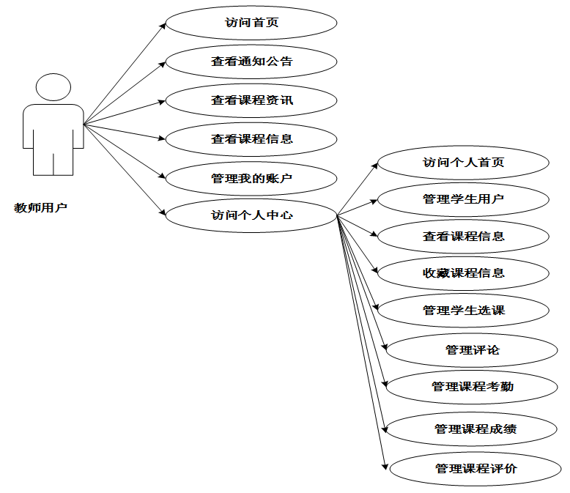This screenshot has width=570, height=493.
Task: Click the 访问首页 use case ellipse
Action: (251, 23)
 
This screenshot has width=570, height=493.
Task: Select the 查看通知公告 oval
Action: (251, 62)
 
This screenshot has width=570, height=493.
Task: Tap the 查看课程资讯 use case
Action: (251, 100)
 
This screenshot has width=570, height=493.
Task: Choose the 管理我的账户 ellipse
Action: (251, 177)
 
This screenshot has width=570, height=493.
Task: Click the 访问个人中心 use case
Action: (251, 215)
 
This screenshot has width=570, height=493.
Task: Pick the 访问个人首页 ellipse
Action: (463, 163)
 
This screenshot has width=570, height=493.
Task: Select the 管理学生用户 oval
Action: (463, 199)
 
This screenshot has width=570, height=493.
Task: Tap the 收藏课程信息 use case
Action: (463, 273)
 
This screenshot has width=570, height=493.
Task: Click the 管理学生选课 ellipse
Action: (463, 311)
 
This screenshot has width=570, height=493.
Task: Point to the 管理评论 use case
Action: (472, 350)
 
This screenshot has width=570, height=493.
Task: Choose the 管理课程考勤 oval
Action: (472, 386)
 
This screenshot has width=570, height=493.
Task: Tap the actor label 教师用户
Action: (41, 207)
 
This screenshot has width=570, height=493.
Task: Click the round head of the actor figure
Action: (53, 87)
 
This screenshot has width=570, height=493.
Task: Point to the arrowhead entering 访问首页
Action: (163, 25)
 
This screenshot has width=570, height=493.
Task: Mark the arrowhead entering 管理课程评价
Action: (385, 464)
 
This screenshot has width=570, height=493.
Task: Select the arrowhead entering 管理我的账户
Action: (163, 177)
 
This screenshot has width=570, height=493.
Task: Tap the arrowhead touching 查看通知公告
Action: (163, 63)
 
